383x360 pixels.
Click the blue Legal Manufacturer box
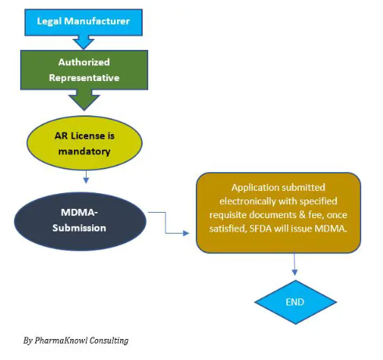pos(83,23)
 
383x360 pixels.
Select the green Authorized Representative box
pos(84,70)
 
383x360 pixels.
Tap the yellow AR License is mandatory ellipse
pos(84,143)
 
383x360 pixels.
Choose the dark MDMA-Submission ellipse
pos(80,221)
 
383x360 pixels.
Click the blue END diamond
pos(296,302)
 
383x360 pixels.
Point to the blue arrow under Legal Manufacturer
pos(83,42)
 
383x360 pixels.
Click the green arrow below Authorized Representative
pos(84,101)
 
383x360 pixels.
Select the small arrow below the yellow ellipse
pos(86,177)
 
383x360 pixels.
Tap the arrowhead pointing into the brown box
pos(186,233)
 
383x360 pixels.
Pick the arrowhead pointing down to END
pos(295,272)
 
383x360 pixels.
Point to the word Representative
pos(84,78)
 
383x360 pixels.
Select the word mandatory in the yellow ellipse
pos(84,151)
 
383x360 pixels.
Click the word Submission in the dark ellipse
pos(80,228)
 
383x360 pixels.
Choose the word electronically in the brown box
pos(248,201)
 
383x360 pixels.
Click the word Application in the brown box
pos(255,188)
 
